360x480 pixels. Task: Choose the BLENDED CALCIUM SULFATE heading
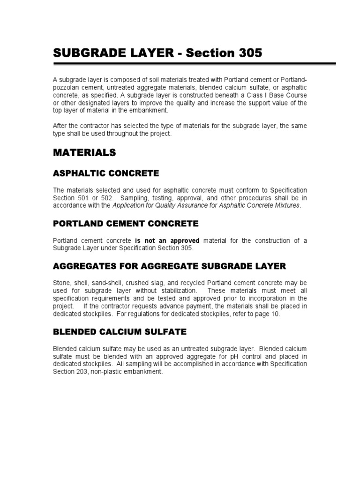tap(119, 332)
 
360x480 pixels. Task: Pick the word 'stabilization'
tap(177, 292)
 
